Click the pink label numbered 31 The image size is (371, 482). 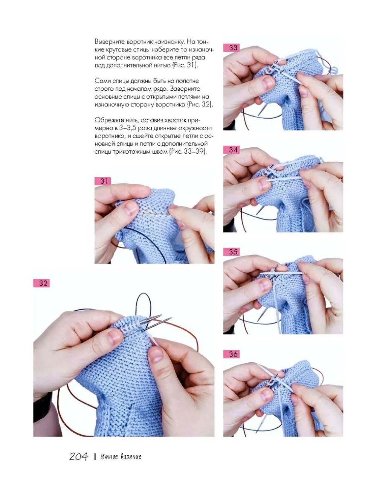click(x=102, y=181)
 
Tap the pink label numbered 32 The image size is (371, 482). click(x=41, y=283)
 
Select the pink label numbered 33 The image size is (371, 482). click(x=231, y=48)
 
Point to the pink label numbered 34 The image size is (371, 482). click(x=231, y=150)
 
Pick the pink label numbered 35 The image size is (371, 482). click(x=231, y=252)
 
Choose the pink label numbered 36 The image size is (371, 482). click(x=231, y=354)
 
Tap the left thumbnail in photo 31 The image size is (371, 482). click(x=131, y=208)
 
